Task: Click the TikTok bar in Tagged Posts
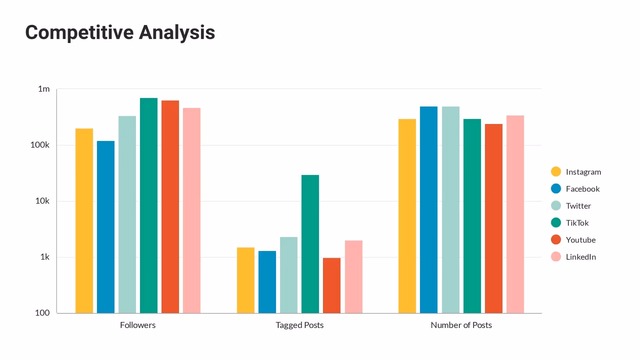coord(310,244)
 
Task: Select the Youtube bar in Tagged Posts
coord(332,285)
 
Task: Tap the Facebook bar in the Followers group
coord(106,227)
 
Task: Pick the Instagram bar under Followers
coord(84,221)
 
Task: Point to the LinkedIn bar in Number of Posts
coord(515,214)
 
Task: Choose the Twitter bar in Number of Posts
coord(450,210)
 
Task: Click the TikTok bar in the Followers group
coord(149,205)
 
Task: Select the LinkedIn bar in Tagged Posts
coord(353,277)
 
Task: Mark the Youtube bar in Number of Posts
coord(493,218)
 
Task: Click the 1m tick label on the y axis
coord(44,89)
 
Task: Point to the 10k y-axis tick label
coord(42,201)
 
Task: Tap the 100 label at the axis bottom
coord(42,313)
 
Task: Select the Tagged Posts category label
coord(299,325)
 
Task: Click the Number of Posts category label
coord(461,325)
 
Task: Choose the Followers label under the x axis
coord(138,325)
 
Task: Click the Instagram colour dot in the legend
coord(556,172)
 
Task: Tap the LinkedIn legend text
coord(581,257)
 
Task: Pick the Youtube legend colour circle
coord(556,240)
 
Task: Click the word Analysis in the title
coord(177,33)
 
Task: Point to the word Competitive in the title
coord(79,33)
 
